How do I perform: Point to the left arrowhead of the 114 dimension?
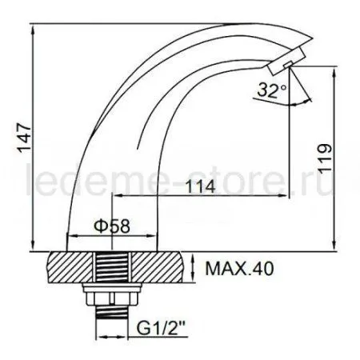point(120,196)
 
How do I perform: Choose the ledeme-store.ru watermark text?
point(180,177)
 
